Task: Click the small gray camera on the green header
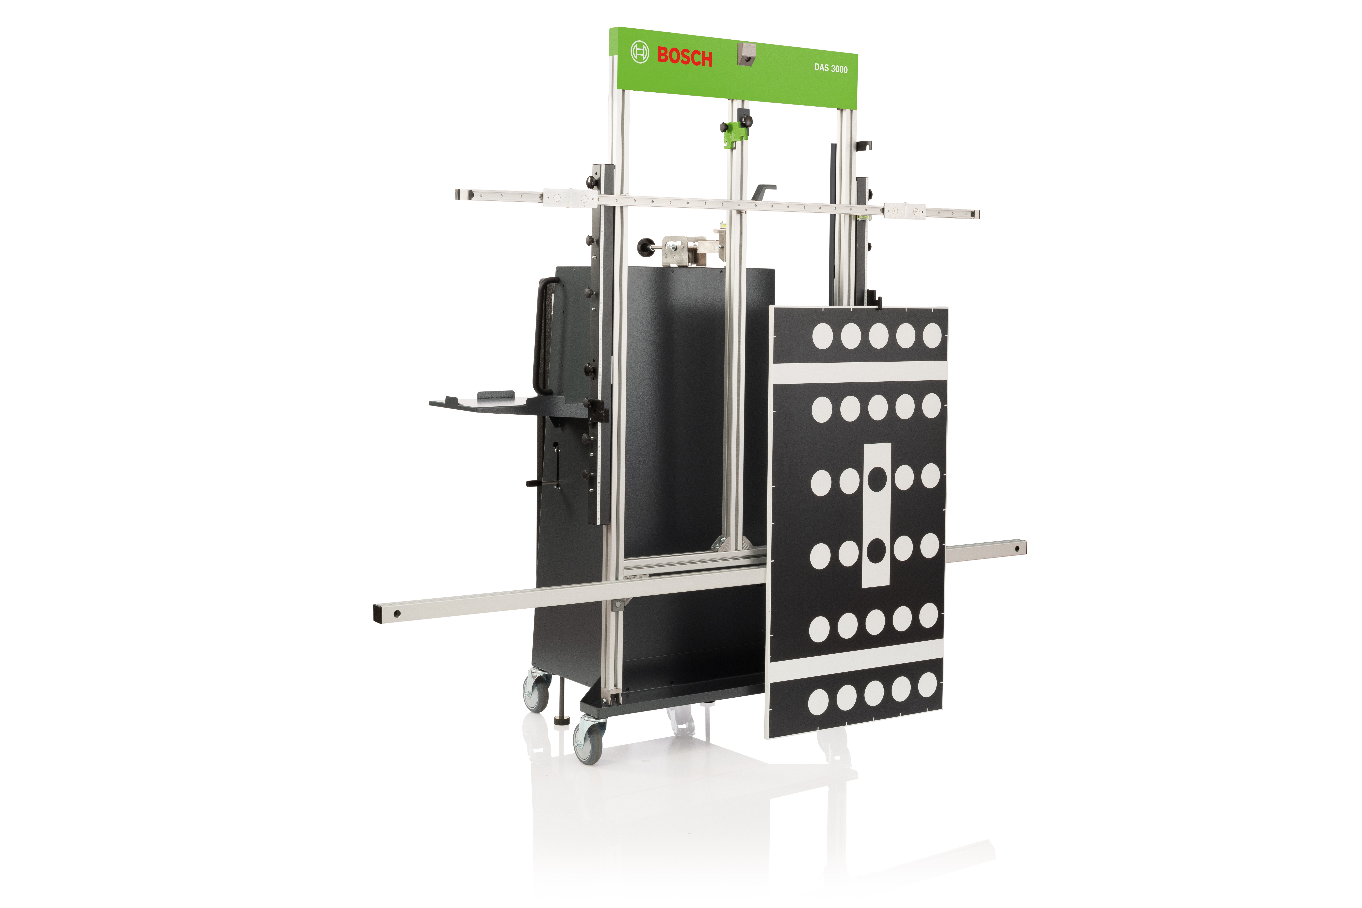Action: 746,54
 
